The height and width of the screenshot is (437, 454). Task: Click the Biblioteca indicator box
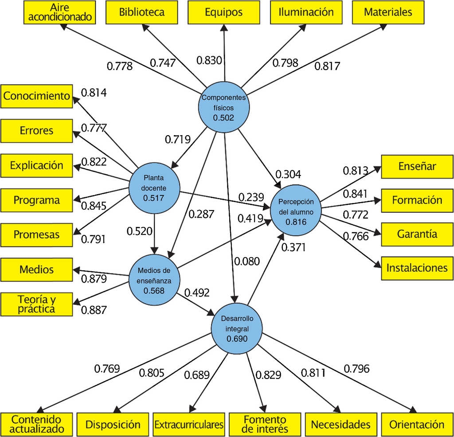141,12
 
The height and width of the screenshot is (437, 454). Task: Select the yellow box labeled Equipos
224,12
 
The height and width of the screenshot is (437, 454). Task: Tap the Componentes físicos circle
224,107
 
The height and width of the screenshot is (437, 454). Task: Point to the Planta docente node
154,188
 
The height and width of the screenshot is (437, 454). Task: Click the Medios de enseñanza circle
154,280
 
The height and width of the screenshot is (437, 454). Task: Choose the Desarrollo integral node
237,328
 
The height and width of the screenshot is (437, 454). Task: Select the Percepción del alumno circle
296,211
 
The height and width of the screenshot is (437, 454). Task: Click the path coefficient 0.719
178,140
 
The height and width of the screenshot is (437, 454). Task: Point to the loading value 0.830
209,60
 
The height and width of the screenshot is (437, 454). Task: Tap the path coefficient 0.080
247,261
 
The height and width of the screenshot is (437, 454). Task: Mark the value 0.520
140,231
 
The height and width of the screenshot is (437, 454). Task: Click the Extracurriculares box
189,425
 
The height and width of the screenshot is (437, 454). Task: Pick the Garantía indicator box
417,234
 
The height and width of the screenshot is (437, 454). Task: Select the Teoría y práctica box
36,304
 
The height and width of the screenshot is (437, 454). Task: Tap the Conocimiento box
36,96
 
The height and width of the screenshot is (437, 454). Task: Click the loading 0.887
94,310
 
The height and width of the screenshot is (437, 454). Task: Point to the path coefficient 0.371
294,247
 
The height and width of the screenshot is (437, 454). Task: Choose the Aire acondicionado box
59,12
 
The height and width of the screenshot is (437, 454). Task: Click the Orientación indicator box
417,425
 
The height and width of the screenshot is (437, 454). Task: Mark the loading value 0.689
197,375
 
